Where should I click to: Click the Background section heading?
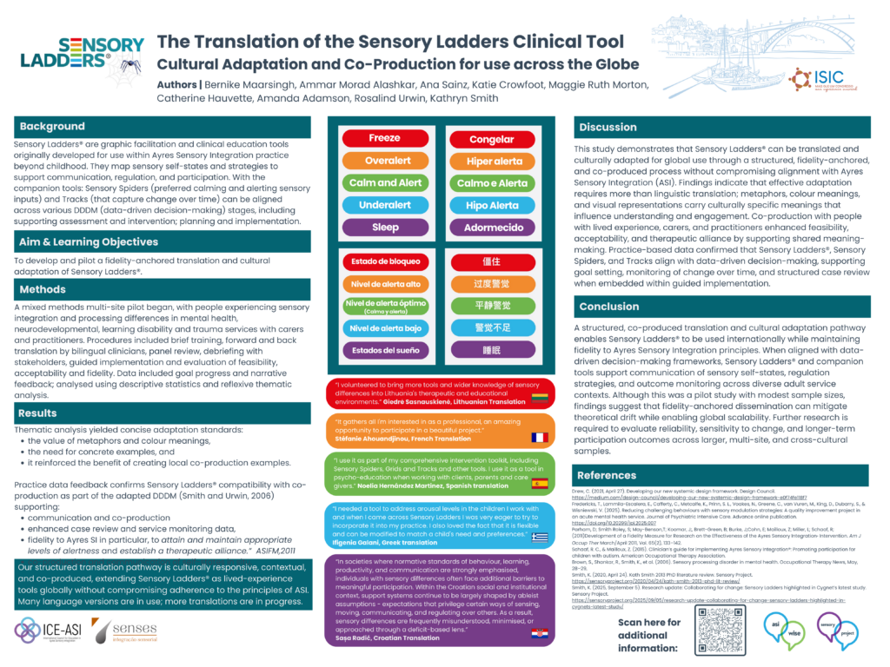52,127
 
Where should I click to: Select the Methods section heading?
43,289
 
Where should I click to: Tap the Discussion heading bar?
608,128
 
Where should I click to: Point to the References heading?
607,475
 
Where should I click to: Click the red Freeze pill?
384,138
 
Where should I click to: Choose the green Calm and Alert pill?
384,183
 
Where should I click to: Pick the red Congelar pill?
491,139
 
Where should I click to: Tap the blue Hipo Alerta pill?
491,206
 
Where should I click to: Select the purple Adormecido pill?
491,228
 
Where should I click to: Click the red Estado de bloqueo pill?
384,261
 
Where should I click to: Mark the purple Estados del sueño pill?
384,351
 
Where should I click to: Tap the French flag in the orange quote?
540,439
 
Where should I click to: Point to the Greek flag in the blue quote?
540,539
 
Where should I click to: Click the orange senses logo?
124,631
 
